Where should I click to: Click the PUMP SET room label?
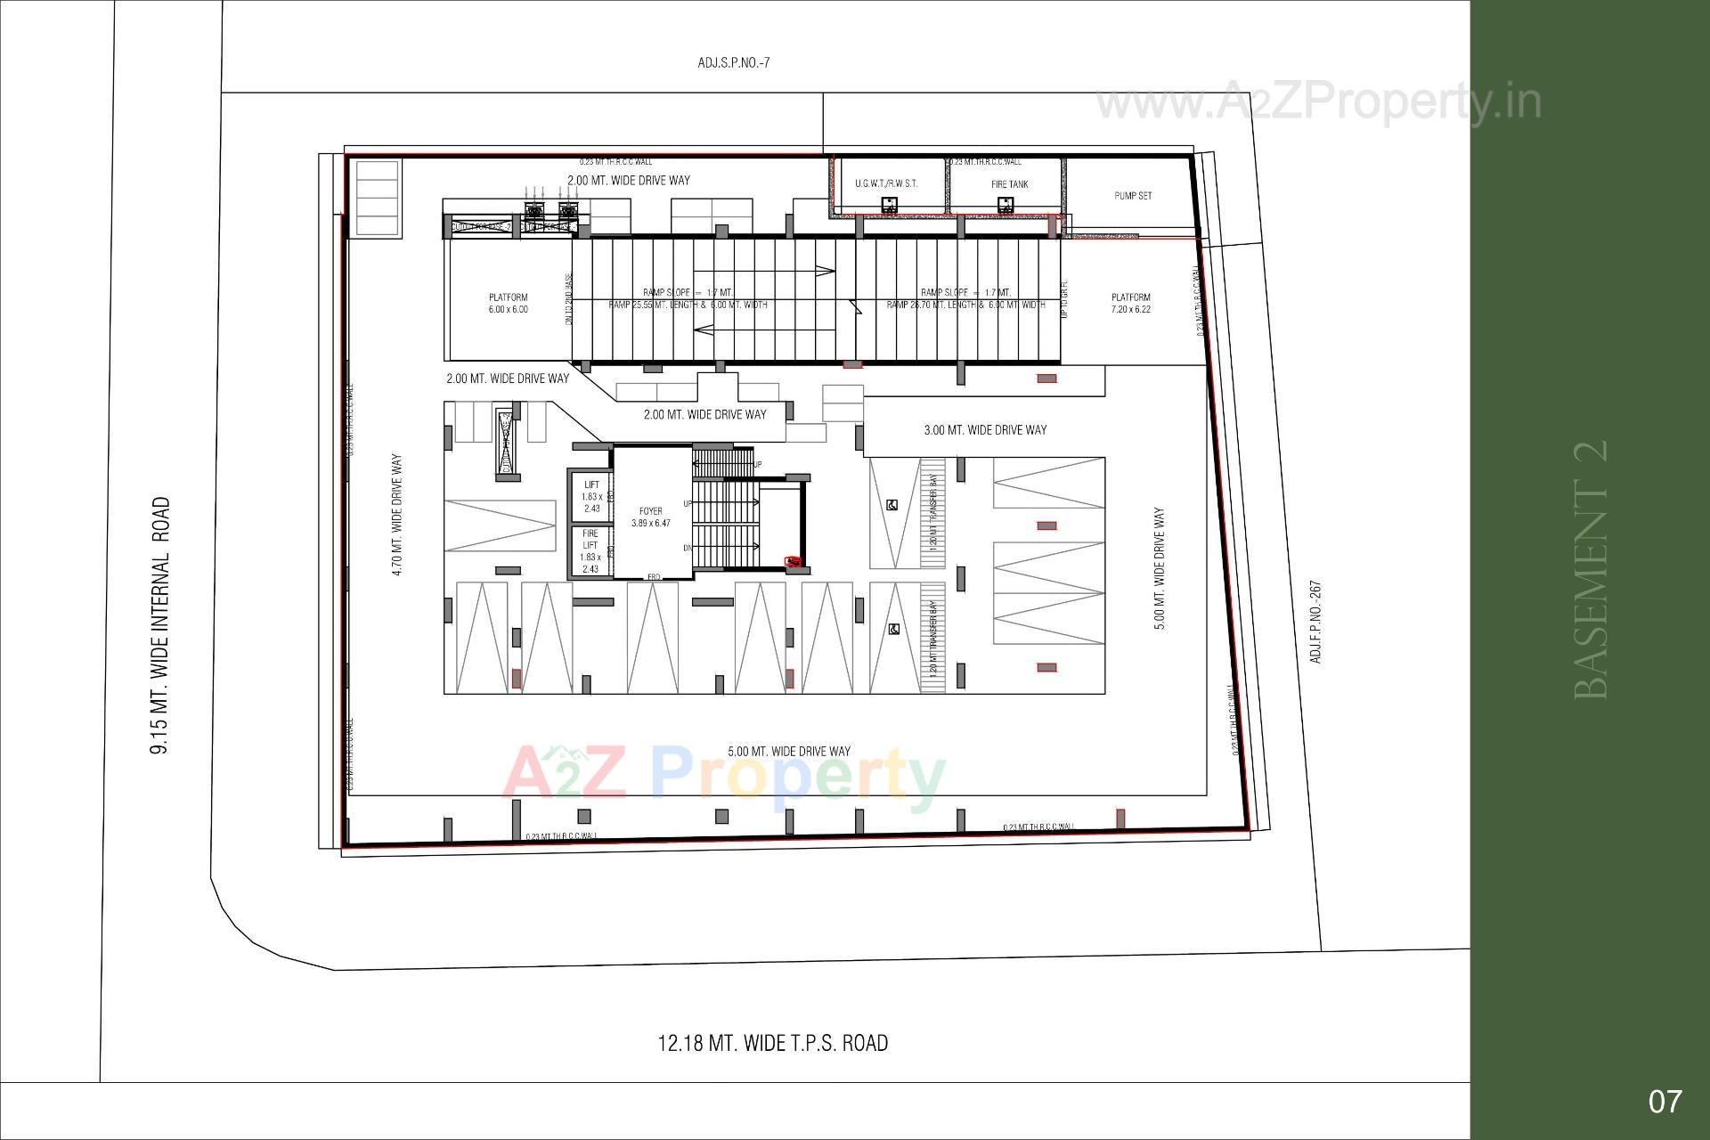click(x=1132, y=196)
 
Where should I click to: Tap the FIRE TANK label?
click(x=1009, y=184)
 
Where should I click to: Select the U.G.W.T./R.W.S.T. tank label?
click(x=885, y=183)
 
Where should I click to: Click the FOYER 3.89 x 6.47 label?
click(x=651, y=517)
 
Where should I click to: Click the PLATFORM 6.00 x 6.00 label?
click(x=508, y=304)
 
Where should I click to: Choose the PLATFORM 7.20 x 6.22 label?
click(x=1131, y=304)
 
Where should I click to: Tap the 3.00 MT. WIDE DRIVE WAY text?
click(x=985, y=430)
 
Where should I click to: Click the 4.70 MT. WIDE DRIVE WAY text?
click(x=397, y=515)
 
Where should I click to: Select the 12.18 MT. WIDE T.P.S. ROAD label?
click(x=772, y=1043)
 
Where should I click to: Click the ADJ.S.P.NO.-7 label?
click(x=733, y=63)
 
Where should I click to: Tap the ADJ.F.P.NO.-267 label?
click(x=1315, y=622)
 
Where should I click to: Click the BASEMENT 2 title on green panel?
click(x=1592, y=569)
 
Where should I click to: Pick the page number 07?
click(x=1665, y=1102)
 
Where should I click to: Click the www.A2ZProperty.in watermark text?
click(x=1318, y=102)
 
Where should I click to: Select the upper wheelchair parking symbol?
click(x=892, y=505)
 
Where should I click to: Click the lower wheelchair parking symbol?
click(x=893, y=630)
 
